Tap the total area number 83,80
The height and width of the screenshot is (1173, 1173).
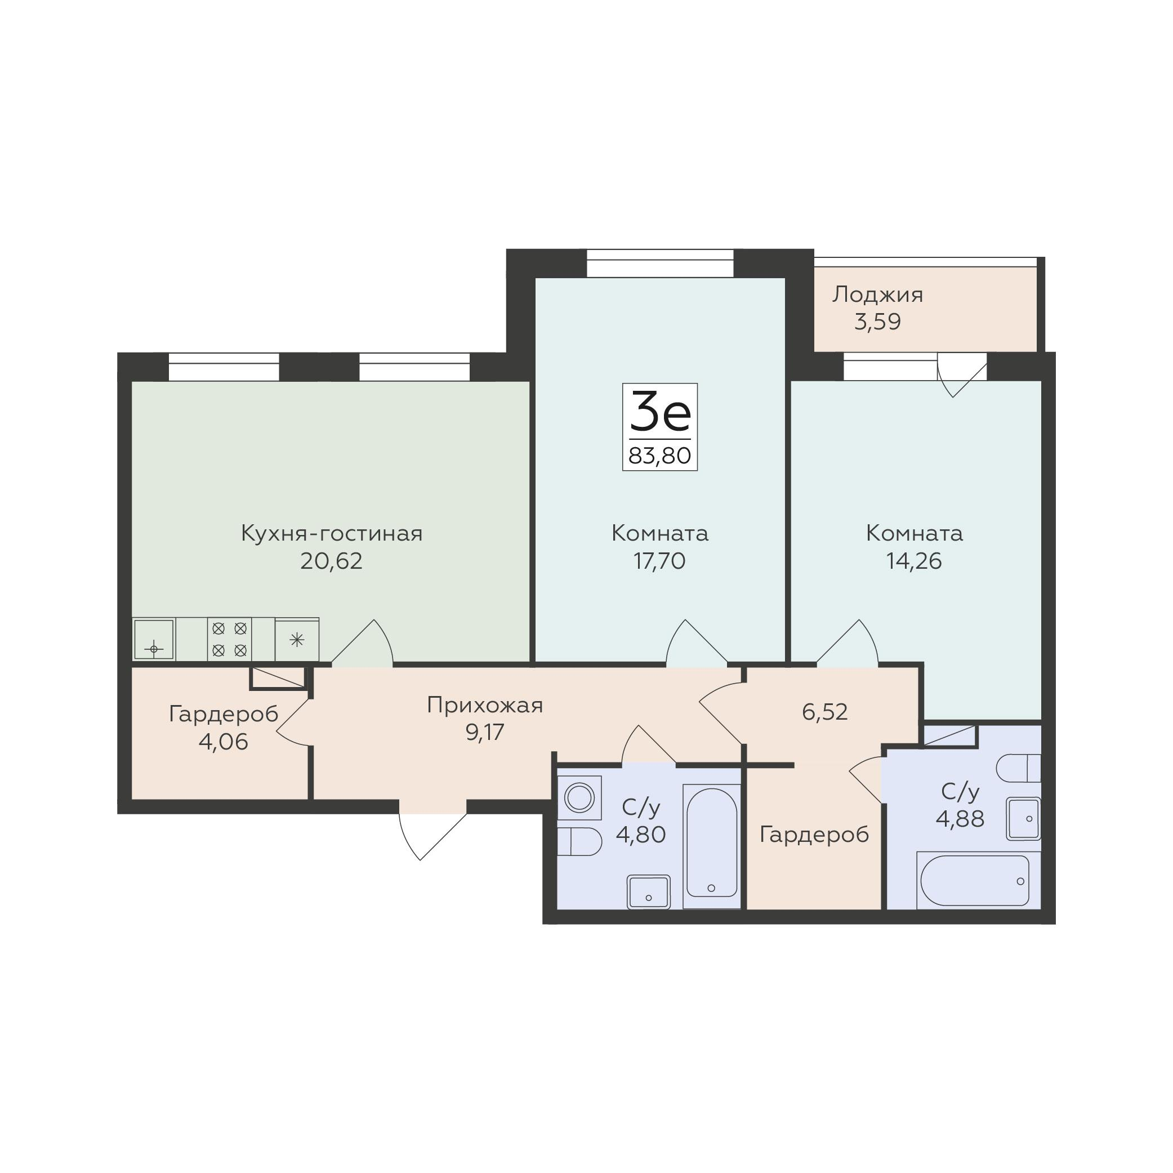[660, 455]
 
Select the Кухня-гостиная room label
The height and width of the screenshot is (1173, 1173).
[332, 533]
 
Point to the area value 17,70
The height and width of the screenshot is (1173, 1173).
[659, 561]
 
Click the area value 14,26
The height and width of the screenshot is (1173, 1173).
[914, 561]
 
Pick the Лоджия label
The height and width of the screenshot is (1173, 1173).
[877, 295]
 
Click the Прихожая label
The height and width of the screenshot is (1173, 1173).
[484, 705]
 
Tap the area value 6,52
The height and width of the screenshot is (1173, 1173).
[824, 712]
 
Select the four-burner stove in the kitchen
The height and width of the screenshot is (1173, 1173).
[230, 639]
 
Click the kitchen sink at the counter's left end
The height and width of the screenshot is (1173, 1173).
[154, 639]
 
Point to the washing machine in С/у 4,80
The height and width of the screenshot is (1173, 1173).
[579, 798]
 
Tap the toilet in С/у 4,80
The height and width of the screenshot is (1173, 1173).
[579, 841]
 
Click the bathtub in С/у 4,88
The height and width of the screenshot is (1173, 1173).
[979, 880]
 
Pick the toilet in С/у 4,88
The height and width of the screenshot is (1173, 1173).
[1018, 769]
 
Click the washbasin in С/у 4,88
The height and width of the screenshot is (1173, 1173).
[1024, 819]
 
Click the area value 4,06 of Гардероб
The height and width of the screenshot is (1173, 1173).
[224, 742]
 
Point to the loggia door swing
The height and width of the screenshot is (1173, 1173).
[962, 375]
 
